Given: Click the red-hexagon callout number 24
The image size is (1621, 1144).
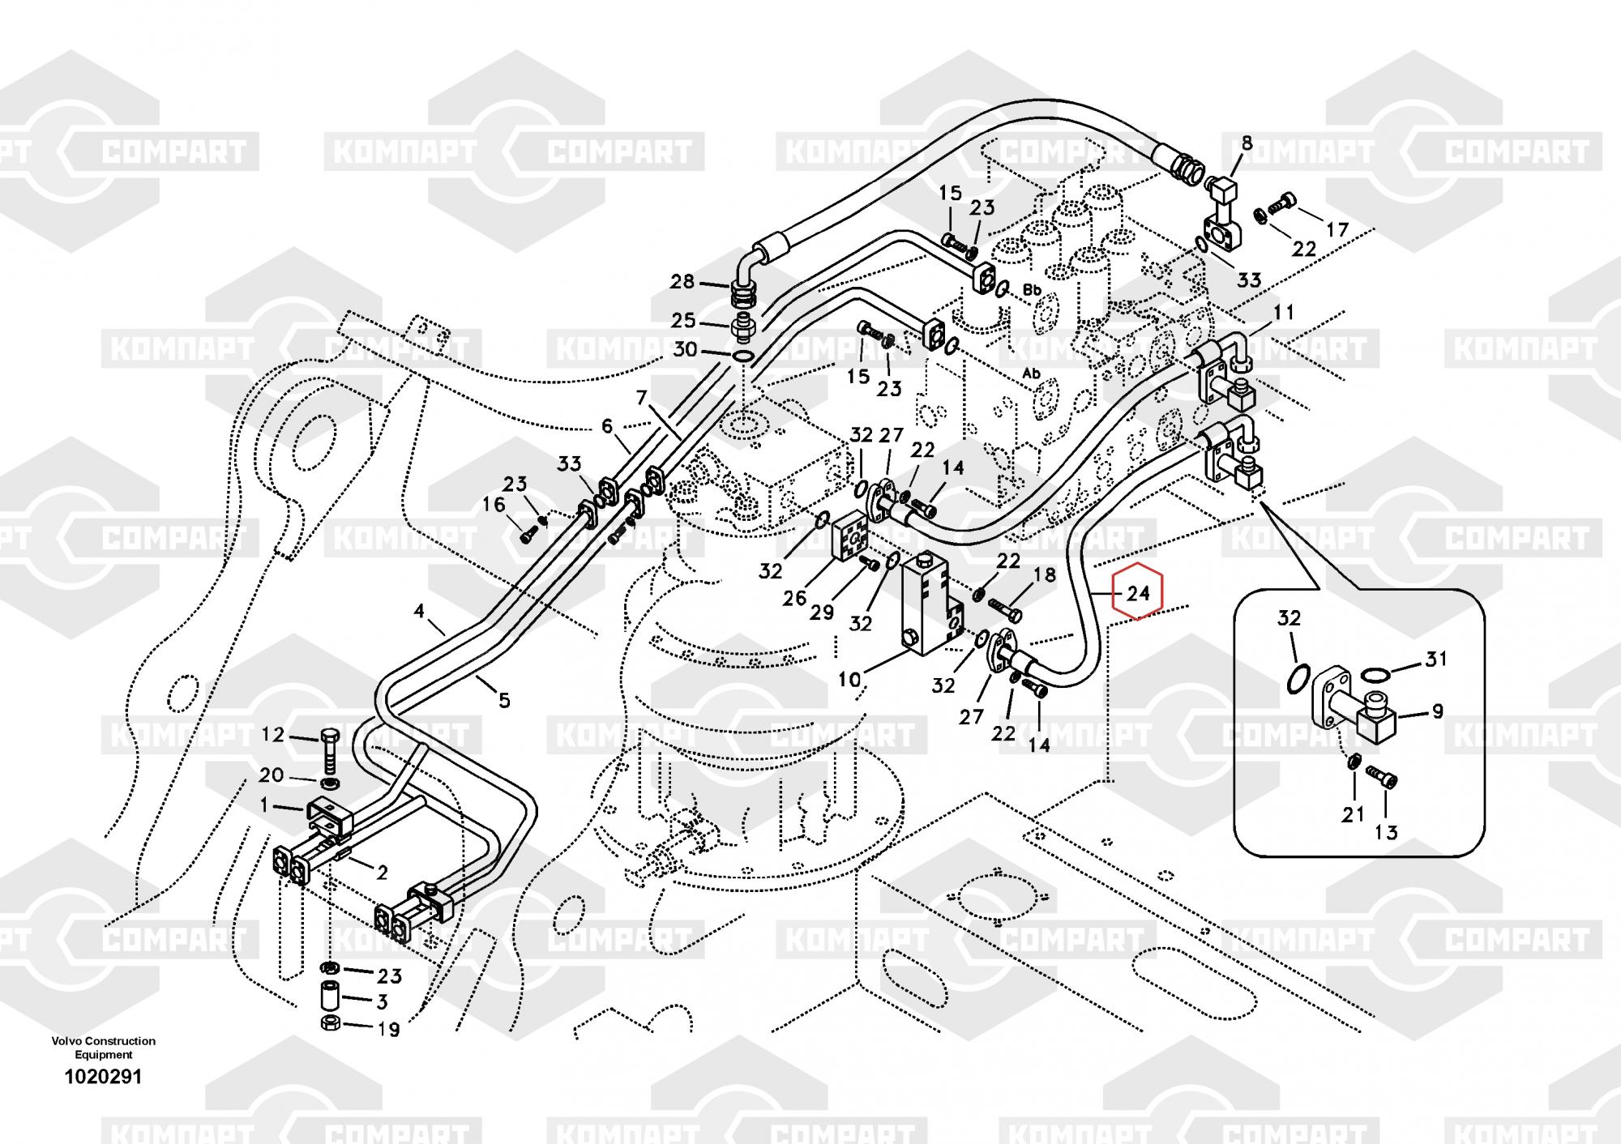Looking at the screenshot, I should click(x=1138, y=593).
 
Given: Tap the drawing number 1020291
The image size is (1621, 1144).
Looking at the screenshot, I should click(x=104, y=1078).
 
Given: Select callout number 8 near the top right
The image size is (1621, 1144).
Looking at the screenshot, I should click(x=1247, y=143).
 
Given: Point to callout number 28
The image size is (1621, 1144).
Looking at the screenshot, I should click(x=682, y=282).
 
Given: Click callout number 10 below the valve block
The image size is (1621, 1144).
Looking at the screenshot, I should click(x=849, y=679).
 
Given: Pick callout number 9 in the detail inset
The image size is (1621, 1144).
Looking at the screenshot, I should click(x=1437, y=712).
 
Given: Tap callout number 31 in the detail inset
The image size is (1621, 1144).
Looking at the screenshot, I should click(x=1436, y=660).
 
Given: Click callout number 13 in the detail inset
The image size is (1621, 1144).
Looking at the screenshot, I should click(x=1386, y=831).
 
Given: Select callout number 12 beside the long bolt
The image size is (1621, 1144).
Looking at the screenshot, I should click(x=273, y=735).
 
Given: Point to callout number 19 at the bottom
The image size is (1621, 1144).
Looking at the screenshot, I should click(x=389, y=1030).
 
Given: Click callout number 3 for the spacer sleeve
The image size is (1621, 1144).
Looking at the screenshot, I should click(x=382, y=1002).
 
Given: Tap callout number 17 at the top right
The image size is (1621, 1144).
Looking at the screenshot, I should click(x=1337, y=229).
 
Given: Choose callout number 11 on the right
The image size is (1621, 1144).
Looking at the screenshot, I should click(x=1284, y=312).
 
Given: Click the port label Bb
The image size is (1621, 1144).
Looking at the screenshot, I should click(x=1032, y=289).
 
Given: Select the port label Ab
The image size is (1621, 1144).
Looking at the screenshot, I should click(x=1031, y=374).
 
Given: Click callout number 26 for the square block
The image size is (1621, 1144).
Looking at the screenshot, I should click(x=794, y=598).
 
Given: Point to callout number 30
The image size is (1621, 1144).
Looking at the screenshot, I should click(x=685, y=350).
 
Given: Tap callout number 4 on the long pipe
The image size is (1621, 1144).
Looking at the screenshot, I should click(x=419, y=610).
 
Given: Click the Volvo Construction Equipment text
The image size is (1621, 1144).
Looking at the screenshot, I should click(x=104, y=1048).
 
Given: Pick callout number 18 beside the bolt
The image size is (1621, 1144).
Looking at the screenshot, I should click(x=1045, y=575).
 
